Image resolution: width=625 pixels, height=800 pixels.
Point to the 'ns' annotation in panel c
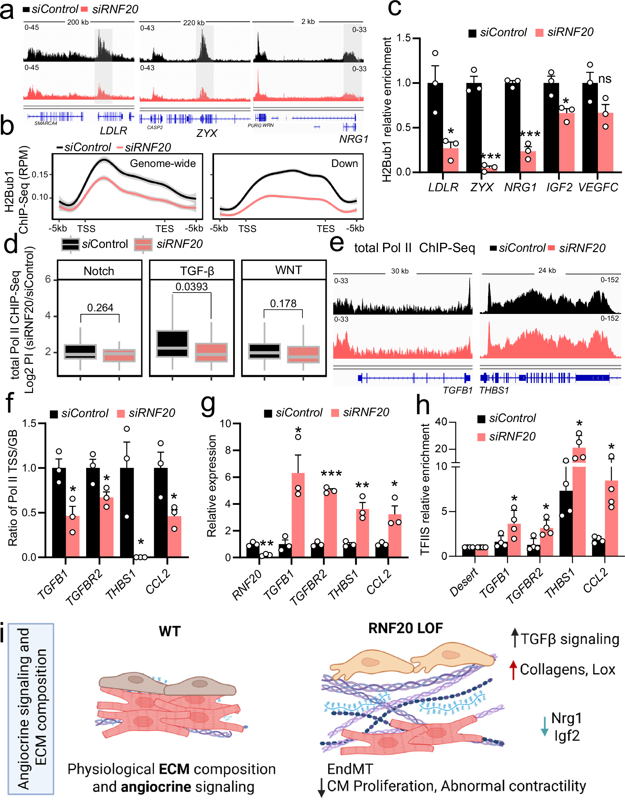(x=605, y=79)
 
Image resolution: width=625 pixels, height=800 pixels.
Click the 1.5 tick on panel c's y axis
(x=403, y=38)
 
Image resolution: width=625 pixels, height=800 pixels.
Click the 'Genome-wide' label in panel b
(x=163, y=163)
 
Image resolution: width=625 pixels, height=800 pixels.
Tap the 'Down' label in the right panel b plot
(x=344, y=163)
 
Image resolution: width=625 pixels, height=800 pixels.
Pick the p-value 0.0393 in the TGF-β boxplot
(x=191, y=286)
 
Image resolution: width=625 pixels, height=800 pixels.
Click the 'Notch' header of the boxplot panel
(x=99, y=271)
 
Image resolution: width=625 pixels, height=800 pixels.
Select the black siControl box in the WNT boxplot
(x=264, y=351)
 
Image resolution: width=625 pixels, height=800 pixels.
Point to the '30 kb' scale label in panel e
(x=400, y=271)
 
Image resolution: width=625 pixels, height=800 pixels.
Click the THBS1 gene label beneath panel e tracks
(x=494, y=391)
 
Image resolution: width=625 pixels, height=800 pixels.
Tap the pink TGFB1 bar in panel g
(x=298, y=515)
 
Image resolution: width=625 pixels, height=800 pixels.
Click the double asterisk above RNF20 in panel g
(x=267, y=544)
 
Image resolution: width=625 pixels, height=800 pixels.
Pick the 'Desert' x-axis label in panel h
(x=464, y=582)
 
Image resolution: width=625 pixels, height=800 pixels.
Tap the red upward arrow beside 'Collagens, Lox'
(x=513, y=670)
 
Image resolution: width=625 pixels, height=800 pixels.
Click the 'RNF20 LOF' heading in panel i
(x=405, y=628)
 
